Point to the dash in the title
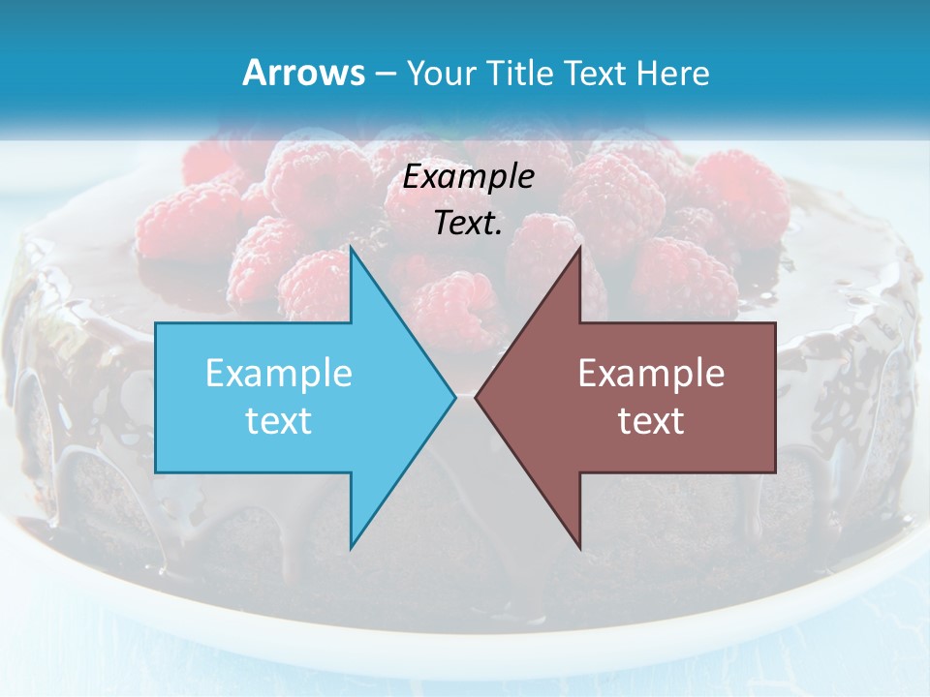(x=384, y=75)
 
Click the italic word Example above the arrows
(x=468, y=176)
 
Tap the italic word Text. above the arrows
(x=468, y=223)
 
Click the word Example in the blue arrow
(x=279, y=373)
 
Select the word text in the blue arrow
(x=279, y=420)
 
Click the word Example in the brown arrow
(x=651, y=373)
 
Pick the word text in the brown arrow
(x=651, y=420)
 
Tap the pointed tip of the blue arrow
(x=455, y=397)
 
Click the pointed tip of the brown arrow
(x=476, y=397)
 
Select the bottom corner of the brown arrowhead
(x=579, y=549)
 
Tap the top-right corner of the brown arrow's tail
(x=775, y=323)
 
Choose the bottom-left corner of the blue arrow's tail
(x=156, y=472)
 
